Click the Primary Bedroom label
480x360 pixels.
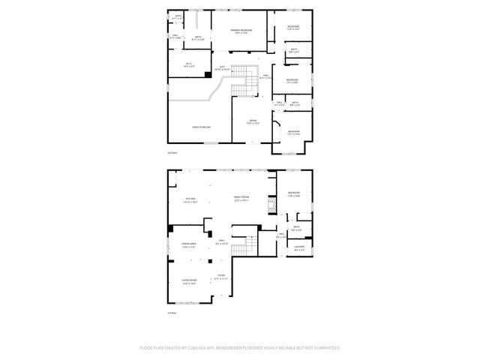241,31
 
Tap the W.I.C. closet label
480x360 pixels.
189,64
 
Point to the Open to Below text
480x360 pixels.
200,127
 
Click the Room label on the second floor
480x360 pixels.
253,121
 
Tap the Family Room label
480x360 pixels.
241,199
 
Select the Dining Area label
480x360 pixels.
188,244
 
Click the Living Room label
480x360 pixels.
188,283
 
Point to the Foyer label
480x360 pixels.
221,277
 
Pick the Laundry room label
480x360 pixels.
299,248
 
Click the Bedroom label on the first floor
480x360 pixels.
294,194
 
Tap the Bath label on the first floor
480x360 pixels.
297,228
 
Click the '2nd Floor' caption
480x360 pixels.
172,151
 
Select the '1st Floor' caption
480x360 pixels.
172,313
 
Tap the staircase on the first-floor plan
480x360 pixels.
239,252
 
